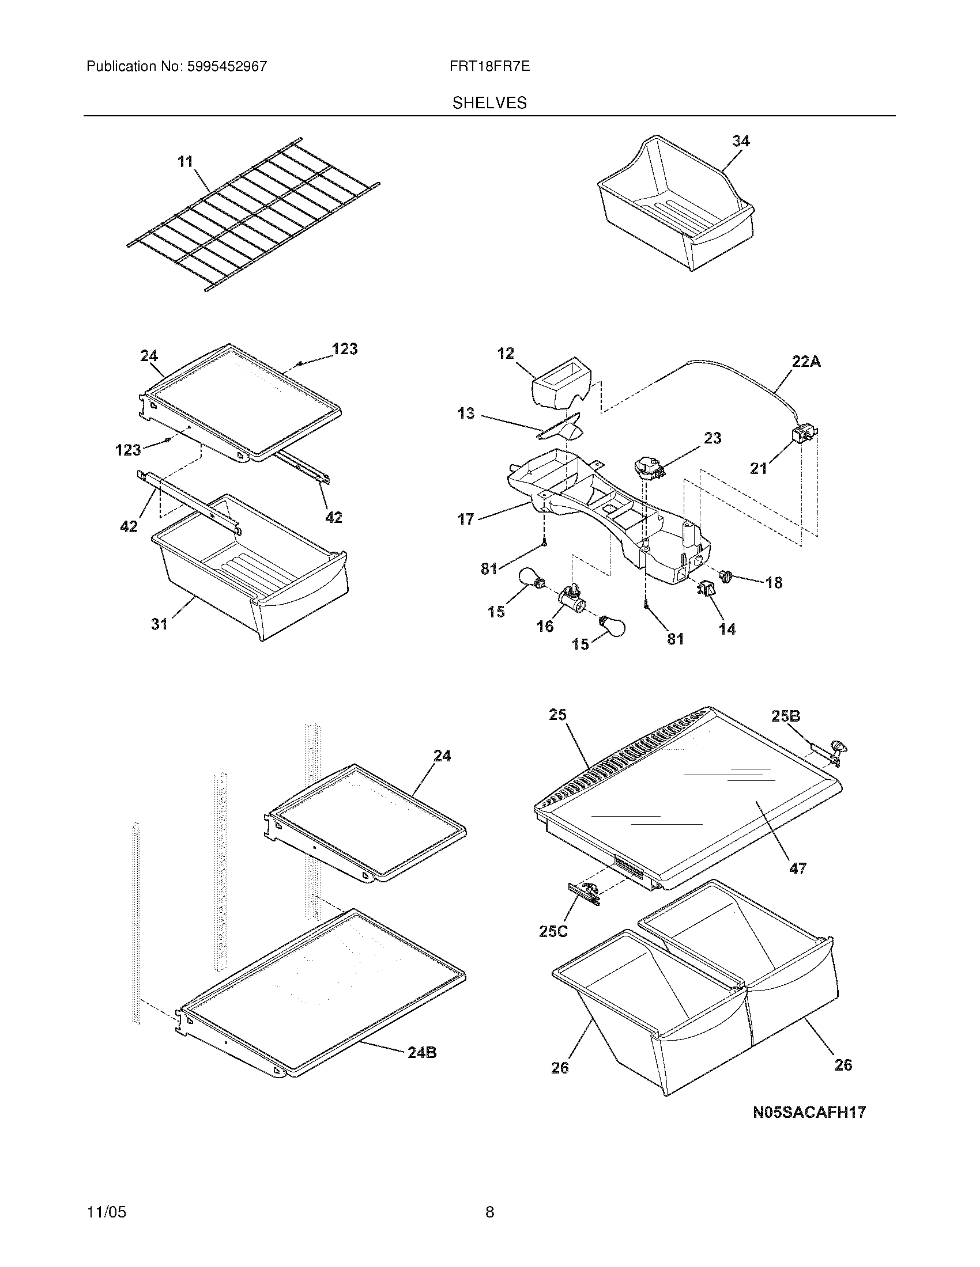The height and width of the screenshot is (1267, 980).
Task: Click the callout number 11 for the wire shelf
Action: (x=185, y=161)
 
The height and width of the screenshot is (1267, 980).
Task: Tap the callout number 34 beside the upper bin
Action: (x=740, y=141)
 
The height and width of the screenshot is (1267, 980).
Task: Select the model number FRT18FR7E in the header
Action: (x=489, y=66)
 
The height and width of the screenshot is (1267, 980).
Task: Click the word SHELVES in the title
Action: (x=489, y=103)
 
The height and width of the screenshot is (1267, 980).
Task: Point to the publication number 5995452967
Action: (x=227, y=66)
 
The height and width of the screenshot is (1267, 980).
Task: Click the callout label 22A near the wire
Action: (x=806, y=362)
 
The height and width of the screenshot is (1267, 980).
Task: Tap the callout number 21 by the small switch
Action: (x=758, y=469)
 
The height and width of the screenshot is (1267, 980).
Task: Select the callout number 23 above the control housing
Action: (x=713, y=438)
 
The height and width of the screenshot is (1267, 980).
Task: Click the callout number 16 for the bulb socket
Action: (x=545, y=626)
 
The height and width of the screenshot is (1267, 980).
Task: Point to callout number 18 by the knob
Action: (x=773, y=582)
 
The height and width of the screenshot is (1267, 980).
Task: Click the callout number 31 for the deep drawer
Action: (x=159, y=624)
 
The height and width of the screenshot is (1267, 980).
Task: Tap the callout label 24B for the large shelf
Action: (x=422, y=1052)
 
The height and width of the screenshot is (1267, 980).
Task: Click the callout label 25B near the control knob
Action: (x=786, y=716)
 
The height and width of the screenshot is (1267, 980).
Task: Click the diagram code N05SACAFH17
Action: (x=809, y=1112)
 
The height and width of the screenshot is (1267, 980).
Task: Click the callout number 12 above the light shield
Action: (x=506, y=353)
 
